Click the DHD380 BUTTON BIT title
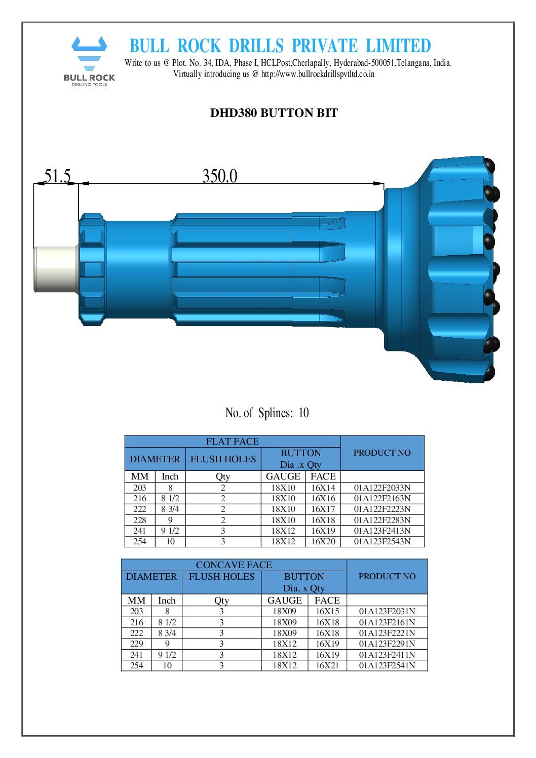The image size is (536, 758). [x=274, y=113]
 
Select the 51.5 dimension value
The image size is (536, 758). [x=57, y=176]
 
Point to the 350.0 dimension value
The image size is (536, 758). [x=219, y=176]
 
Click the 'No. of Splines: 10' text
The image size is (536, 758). [x=267, y=413]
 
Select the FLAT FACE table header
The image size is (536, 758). [x=232, y=442]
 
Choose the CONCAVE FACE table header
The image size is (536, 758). [x=234, y=565]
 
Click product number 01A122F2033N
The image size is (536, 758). [x=382, y=488]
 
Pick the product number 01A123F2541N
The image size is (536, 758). [x=387, y=665]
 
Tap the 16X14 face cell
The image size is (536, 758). [x=323, y=488]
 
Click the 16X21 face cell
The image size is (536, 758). [x=327, y=665]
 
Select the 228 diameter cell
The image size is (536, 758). [x=140, y=520]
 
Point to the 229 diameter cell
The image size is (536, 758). [x=137, y=644]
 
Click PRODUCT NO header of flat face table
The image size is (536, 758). [x=382, y=453]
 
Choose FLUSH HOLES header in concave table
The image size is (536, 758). [x=221, y=577]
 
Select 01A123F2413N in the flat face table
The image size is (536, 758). [x=382, y=531]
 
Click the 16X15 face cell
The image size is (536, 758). [x=327, y=611]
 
